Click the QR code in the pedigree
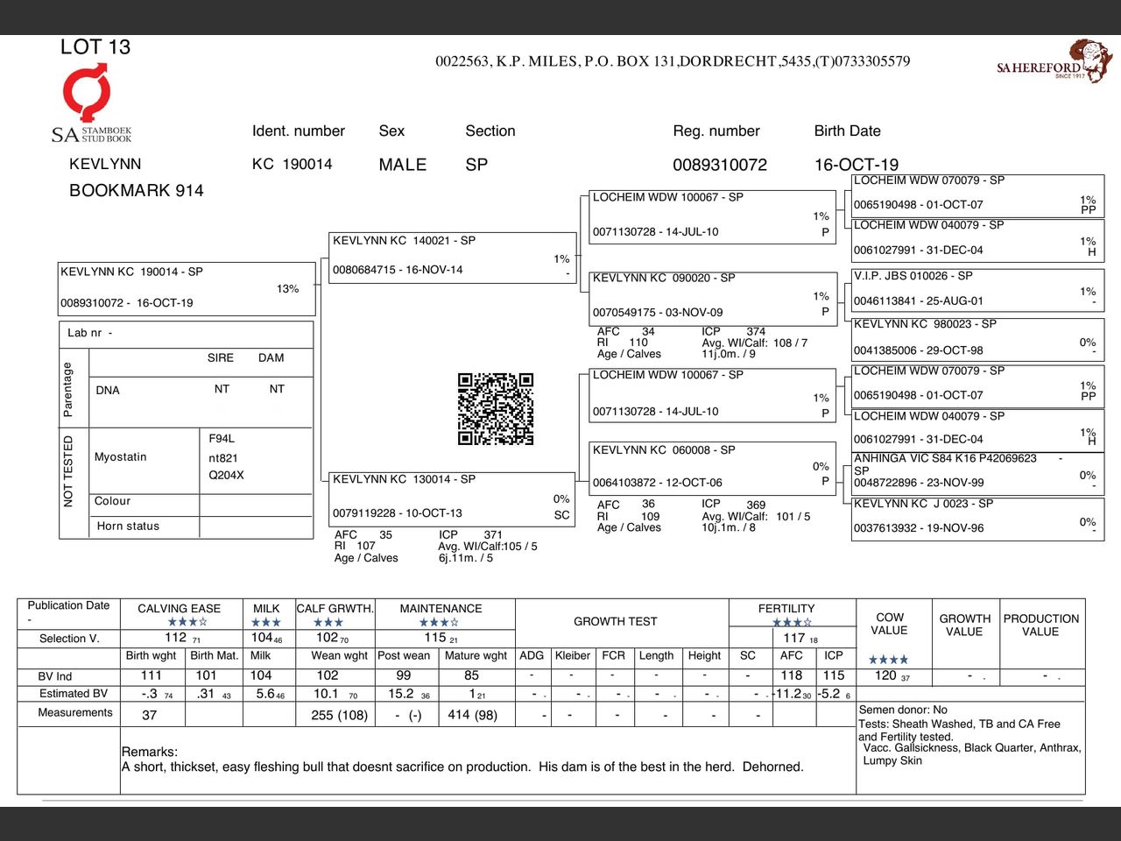(496, 409)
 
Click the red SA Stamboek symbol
(87, 93)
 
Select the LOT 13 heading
(95, 47)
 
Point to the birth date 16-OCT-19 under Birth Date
(856, 165)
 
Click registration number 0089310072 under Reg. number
(719, 165)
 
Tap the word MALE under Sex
(402, 165)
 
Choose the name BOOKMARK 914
(136, 191)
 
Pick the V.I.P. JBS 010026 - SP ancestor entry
(976, 289)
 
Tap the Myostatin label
(121, 457)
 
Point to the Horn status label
(128, 527)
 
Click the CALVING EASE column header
(179, 609)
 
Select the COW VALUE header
(889, 624)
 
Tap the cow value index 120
(885, 675)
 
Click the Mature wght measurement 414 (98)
(472, 715)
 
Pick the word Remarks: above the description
(150, 752)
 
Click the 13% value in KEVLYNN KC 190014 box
(287, 289)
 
